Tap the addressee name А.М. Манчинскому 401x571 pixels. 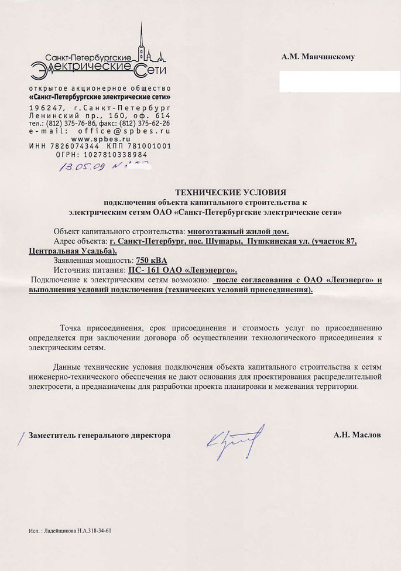pos(318,57)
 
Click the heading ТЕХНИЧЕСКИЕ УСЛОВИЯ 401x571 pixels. pos(231,192)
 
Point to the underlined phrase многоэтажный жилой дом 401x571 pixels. pos(238,231)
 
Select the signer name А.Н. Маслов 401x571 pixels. pos(357,436)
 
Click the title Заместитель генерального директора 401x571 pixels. pos(100,436)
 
